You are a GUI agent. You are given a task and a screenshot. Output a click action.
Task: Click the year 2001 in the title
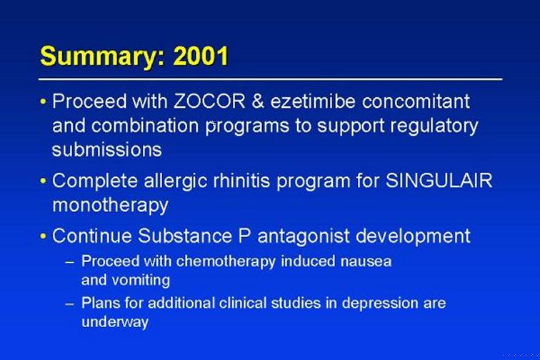click(201, 56)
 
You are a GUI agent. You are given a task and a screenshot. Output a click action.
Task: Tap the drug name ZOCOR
click(209, 101)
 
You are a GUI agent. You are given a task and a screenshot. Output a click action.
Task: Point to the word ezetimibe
click(313, 101)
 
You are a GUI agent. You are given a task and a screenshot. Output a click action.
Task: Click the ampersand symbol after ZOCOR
click(258, 101)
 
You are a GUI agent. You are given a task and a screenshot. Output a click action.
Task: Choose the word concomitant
click(416, 101)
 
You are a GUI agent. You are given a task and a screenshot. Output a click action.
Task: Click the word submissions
click(106, 150)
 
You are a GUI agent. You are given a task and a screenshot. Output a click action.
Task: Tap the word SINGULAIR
click(439, 181)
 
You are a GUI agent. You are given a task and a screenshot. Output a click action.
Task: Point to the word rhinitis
click(241, 181)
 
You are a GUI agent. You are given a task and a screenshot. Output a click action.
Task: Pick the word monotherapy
click(110, 206)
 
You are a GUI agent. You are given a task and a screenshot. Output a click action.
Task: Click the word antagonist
click(304, 236)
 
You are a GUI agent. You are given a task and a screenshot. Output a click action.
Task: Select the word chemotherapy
click(226, 261)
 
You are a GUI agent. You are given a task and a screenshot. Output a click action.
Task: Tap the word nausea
click(366, 261)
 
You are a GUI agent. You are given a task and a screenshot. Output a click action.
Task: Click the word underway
click(115, 322)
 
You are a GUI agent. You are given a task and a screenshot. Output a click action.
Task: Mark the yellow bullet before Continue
click(43, 236)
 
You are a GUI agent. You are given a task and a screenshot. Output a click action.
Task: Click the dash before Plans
click(69, 304)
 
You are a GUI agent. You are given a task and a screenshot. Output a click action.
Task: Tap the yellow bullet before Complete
click(43, 181)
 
